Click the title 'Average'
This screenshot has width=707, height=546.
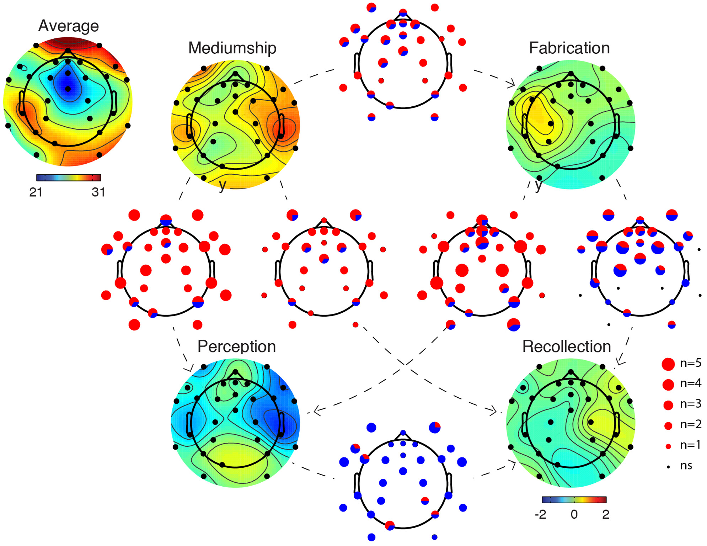pyautogui.click(x=68, y=26)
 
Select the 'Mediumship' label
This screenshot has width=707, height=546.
pyautogui.click(x=232, y=48)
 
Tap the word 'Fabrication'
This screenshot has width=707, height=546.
pyautogui.click(x=569, y=48)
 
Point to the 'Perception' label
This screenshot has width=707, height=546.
pyautogui.click(x=236, y=346)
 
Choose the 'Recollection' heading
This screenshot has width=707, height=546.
pyautogui.click(x=566, y=346)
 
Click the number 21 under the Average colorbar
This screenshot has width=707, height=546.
pyautogui.click(x=36, y=192)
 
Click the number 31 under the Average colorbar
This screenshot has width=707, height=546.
pyautogui.click(x=98, y=192)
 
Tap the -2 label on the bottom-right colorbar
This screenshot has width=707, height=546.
pyautogui.click(x=540, y=514)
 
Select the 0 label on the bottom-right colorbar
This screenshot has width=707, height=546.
pyautogui.click(x=574, y=514)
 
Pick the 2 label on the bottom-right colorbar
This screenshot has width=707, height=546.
pyautogui.click(x=606, y=514)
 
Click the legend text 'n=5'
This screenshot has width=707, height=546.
pyautogui.click(x=690, y=363)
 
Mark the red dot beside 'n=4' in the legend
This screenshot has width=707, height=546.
pyautogui.click(x=668, y=384)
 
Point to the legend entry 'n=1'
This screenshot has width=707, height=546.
pyautogui.click(x=690, y=445)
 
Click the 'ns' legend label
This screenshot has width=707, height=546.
pyautogui.click(x=686, y=466)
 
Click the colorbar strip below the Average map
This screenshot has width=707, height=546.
pyautogui.click(x=69, y=177)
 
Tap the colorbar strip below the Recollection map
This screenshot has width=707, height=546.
pyautogui.click(x=574, y=500)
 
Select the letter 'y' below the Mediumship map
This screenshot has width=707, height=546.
pyautogui.click(x=223, y=185)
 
